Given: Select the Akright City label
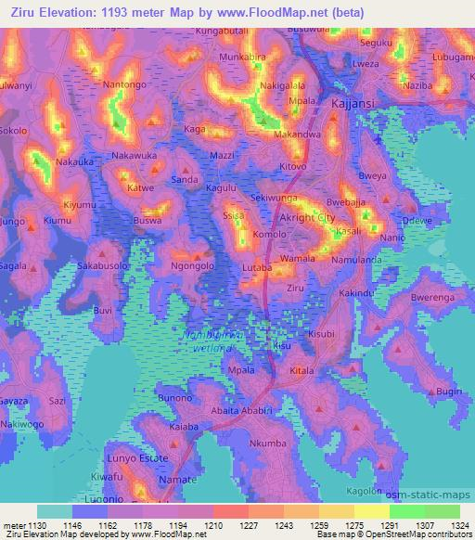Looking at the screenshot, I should pos(306,217).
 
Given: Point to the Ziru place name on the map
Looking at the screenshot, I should pos(295,289).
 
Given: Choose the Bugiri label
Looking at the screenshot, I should pos(449,392).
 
